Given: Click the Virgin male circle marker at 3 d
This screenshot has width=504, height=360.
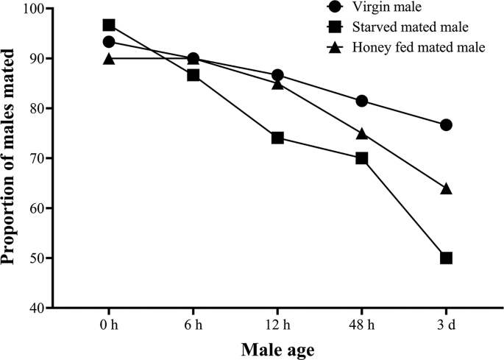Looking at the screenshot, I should click(446, 125).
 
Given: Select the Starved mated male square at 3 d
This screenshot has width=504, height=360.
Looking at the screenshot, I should click(446, 258).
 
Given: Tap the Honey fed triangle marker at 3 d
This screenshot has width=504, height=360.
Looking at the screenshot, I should click(446, 188).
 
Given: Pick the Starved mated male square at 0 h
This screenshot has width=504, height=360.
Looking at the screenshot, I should click(109, 25).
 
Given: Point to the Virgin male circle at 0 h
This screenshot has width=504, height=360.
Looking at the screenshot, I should click(109, 42).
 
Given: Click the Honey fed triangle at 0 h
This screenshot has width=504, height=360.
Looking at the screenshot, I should click(109, 59).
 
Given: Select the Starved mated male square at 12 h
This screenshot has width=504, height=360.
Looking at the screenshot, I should click(277, 138).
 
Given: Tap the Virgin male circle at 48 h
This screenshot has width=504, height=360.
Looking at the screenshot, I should click(361, 101).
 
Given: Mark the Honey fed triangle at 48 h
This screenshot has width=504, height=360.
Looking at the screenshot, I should click(361, 133).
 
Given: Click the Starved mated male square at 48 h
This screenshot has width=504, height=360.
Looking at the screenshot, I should click(361, 158).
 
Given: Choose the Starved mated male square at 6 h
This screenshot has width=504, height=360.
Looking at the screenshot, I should click(194, 75).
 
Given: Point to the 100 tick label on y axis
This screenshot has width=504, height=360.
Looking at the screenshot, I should click(32, 9).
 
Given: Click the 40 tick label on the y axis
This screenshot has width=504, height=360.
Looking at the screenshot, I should click(35, 308).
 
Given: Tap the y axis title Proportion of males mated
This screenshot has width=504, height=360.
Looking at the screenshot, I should click(10, 157).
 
